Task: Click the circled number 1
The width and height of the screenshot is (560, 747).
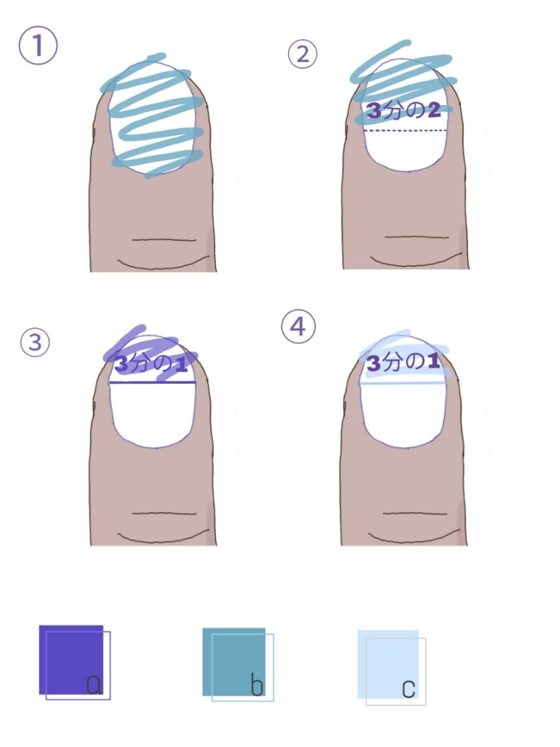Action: [x=38, y=45]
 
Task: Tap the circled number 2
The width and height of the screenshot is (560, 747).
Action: [x=302, y=54]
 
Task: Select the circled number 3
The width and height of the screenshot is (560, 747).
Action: [x=35, y=342]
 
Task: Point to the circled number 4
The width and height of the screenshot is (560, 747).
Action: [x=298, y=327]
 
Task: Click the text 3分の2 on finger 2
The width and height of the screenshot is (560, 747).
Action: [x=404, y=111]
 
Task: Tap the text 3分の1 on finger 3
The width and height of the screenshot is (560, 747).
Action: [x=151, y=364]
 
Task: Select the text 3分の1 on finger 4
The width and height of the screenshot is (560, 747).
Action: [x=403, y=362]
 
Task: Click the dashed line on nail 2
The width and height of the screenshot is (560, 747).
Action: [x=405, y=130]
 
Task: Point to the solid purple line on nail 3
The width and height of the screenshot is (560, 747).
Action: [x=153, y=383]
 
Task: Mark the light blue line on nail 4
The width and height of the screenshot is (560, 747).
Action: [x=402, y=383]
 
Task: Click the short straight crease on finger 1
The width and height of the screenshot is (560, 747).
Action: [x=164, y=240]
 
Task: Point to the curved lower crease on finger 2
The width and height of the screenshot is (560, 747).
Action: [x=416, y=259]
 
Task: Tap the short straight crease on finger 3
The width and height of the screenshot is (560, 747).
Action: [x=164, y=513]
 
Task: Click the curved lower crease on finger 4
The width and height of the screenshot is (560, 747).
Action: [x=414, y=536]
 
